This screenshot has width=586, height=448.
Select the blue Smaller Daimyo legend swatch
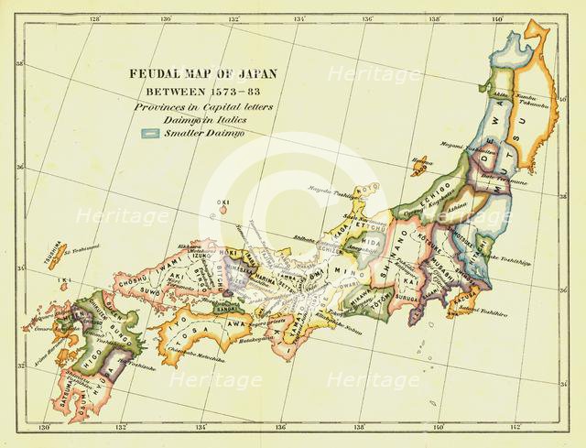[x=151, y=132]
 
